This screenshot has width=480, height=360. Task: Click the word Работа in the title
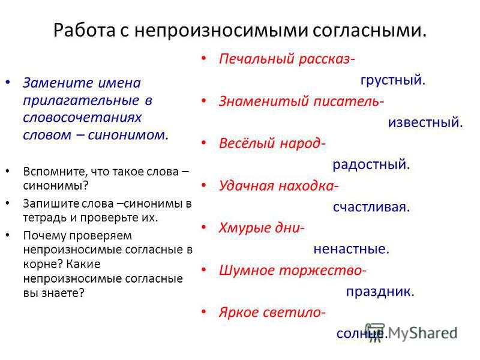[84, 31]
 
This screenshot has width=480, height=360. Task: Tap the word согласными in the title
[369, 31]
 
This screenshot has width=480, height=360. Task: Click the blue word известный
[425, 122]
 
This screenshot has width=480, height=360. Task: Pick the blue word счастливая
[371, 207]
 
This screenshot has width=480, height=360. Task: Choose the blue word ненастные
[351, 249]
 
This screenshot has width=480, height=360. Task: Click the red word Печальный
[257, 59]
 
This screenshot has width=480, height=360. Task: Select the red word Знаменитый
[264, 101]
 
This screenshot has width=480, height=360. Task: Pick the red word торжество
[322, 271]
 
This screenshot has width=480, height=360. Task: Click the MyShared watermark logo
[411, 333]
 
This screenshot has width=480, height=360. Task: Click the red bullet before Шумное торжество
[204, 269]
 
